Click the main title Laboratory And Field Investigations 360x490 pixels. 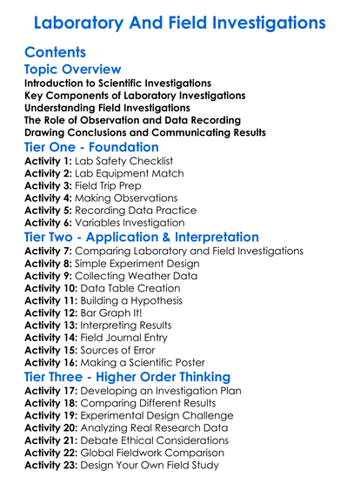[180, 21]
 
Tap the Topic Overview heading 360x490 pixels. [72, 69]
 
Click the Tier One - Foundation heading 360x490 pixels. [91, 147]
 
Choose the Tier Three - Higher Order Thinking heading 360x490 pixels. [127, 377]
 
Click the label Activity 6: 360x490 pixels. [50, 222]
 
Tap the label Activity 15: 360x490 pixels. [53, 349]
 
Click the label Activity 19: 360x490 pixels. [53, 415]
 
